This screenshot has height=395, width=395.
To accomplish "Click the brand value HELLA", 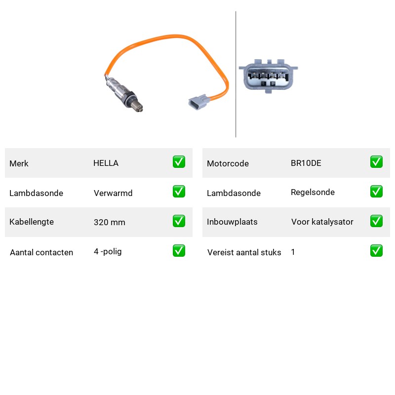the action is click(x=106, y=163).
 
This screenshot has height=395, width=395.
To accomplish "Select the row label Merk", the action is click(x=19, y=163).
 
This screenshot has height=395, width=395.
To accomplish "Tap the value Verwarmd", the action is click(x=113, y=193).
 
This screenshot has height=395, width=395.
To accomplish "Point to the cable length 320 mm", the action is click(x=109, y=222).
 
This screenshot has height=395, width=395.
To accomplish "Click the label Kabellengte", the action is click(x=32, y=222).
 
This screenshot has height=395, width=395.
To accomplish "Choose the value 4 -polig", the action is click(x=108, y=251).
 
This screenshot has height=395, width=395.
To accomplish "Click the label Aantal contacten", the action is click(x=41, y=252).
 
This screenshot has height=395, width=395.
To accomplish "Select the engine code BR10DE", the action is click(x=306, y=163).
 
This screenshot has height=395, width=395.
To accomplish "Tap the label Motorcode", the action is click(x=228, y=163).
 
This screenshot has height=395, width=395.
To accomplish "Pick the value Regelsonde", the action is click(x=313, y=192).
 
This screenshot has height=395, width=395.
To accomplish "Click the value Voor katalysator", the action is click(x=322, y=222).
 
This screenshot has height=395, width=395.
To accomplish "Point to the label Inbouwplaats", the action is click(x=232, y=222).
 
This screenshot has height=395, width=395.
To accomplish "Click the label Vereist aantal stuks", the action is click(x=244, y=252).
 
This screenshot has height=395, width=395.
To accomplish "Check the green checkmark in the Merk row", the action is click(x=179, y=162).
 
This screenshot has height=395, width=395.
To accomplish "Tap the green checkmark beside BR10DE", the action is click(x=376, y=162).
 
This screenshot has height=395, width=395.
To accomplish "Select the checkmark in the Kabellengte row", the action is click(x=179, y=221).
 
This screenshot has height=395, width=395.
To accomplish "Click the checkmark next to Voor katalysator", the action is click(x=376, y=221).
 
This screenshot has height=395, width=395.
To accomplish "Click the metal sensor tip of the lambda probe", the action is click(x=138, y=107).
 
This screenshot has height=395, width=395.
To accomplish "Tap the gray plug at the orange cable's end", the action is click(x=198, y=102).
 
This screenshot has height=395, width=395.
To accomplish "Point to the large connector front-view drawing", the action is click(x=268, y=76).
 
